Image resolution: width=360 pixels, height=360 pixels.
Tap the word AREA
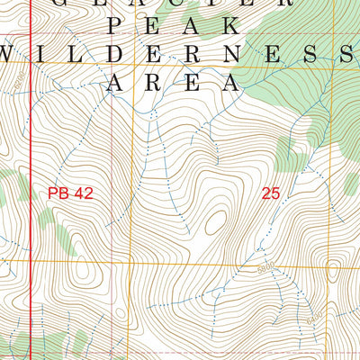(x=174, y=84)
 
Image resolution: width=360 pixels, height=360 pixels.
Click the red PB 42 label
(x=70, y=192)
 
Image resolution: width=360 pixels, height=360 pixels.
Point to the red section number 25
(x=272, y=192)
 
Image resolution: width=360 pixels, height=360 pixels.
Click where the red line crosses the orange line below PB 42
(x=31, y=262)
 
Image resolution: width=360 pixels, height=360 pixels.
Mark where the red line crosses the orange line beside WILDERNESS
(x=31, y=64)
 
